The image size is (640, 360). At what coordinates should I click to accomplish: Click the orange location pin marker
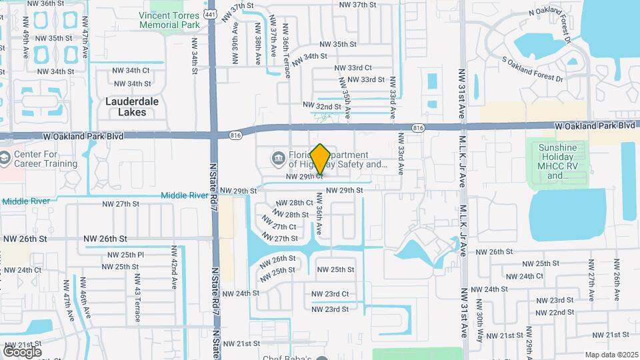320,159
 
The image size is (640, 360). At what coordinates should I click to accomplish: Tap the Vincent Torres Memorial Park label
170,20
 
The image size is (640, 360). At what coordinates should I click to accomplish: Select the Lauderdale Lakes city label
125,107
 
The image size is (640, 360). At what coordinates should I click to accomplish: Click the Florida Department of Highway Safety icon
277,159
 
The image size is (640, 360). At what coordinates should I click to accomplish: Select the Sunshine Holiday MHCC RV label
557,161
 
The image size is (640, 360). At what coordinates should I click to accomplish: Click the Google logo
22,351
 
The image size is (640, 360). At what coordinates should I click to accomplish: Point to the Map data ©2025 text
612,355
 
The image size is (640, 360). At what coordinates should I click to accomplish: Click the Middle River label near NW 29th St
185,195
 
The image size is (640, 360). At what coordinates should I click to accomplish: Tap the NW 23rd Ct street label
331,294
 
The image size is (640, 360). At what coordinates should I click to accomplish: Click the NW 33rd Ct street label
353,68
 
